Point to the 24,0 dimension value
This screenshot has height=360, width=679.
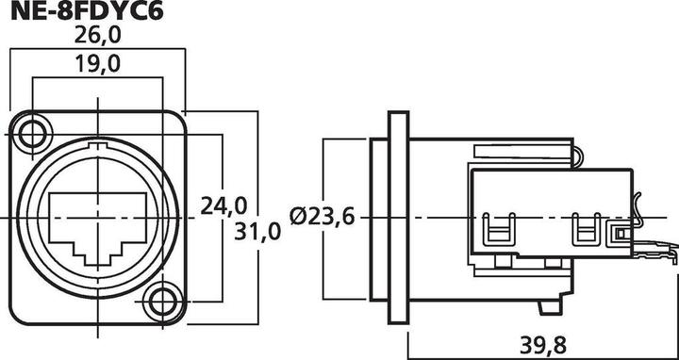(x=224, y=205)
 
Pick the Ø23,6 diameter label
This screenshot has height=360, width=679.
(x=323, y=217)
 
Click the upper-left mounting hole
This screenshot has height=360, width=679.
(x=36, y=132)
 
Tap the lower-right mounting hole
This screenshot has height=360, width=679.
(x=165, y=303)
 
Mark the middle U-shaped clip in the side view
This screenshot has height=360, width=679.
(x=588, y=230)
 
